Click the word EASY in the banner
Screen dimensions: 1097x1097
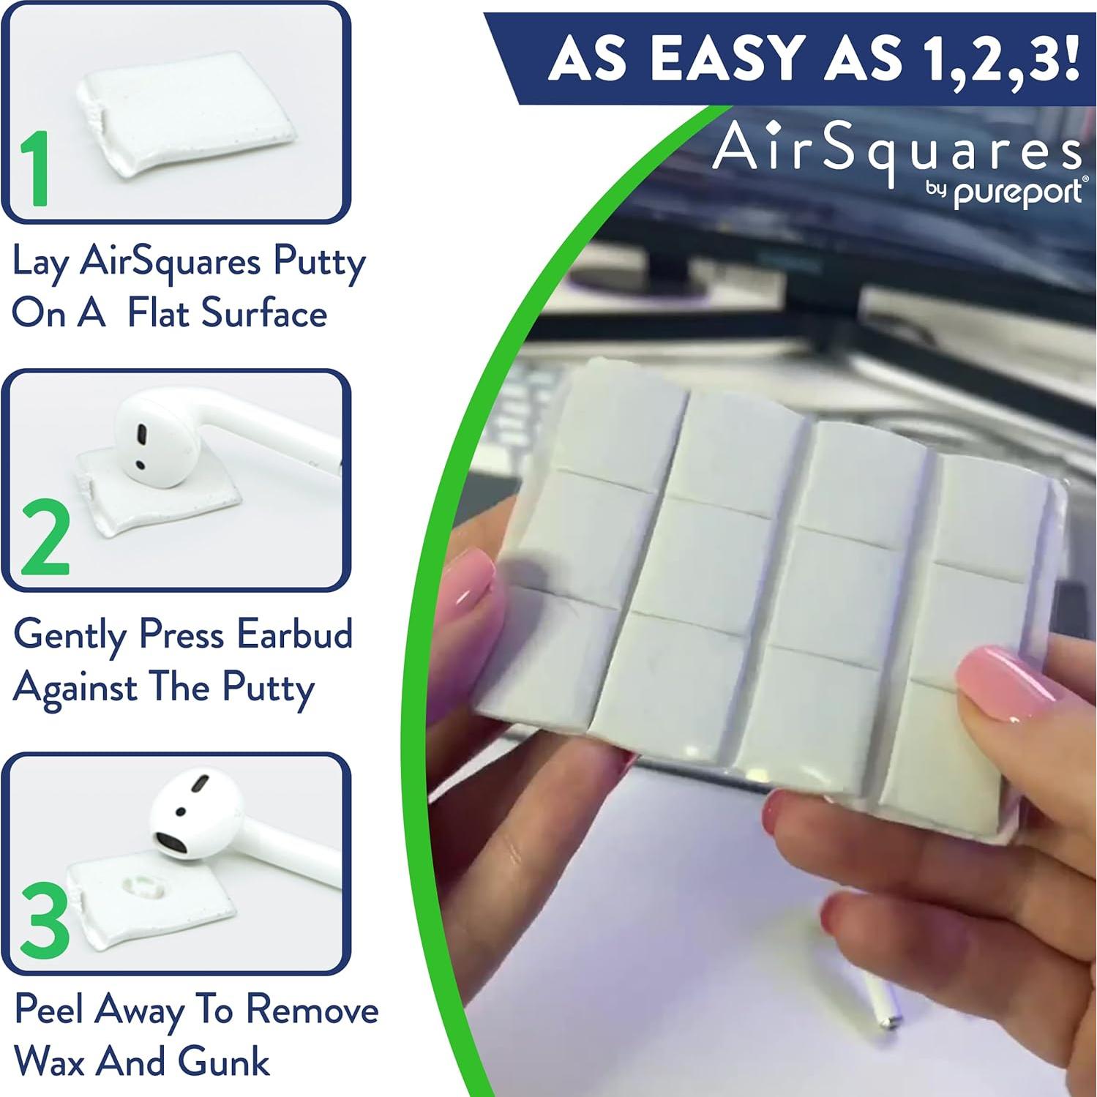[x=732, y=59]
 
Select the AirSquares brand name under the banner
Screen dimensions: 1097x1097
[x=896, y=150]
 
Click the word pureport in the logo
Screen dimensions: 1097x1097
[x=1019, y=193]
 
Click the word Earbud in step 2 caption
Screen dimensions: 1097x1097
[x=294, y=634]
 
